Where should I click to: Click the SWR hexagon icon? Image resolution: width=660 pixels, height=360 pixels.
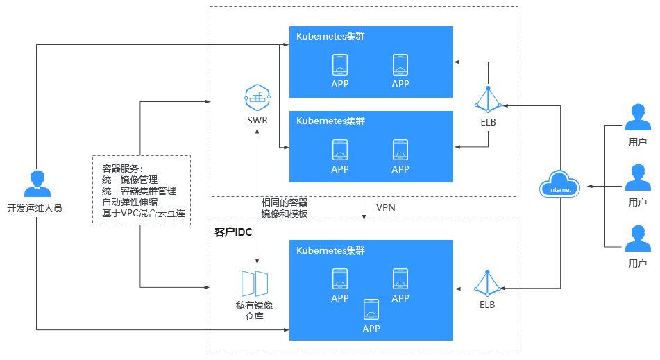pos(257,98)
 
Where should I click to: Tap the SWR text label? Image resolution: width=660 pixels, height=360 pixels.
pos(257,120)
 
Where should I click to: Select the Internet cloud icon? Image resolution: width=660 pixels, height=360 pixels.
pos(560,185)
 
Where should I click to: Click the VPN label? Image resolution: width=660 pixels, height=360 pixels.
pos(386,207)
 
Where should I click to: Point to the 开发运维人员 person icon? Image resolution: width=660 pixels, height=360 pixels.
pos(37,184)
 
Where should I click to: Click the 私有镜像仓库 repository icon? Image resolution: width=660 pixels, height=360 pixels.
pos(255,284)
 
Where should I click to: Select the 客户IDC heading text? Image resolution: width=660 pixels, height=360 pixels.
pos(233,232)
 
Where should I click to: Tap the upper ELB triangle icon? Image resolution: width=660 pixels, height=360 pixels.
pos(489,100)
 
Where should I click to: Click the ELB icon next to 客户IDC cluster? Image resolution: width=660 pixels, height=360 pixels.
pos(487,283)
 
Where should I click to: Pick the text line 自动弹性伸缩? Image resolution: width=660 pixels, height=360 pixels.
pos(130,202)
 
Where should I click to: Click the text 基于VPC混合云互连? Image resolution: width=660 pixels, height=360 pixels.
pos(144,213)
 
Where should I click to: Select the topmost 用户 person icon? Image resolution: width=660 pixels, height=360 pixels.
pos(638,117)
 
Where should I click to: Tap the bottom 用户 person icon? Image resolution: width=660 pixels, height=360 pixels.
pos(638,239)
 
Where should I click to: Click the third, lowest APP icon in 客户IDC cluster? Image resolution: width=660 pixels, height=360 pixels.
pos(371,309)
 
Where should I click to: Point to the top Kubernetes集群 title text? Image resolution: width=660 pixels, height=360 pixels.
pos(330,36)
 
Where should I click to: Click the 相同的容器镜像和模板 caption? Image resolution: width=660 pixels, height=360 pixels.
pos(285,208)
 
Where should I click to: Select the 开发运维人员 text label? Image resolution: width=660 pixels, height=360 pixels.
pos(35,208)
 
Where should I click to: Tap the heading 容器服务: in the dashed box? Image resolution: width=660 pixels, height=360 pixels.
pos(122,169)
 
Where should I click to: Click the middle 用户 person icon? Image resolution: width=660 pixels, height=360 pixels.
pos(638,178)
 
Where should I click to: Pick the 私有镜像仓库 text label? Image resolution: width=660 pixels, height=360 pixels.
pos(254,311)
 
